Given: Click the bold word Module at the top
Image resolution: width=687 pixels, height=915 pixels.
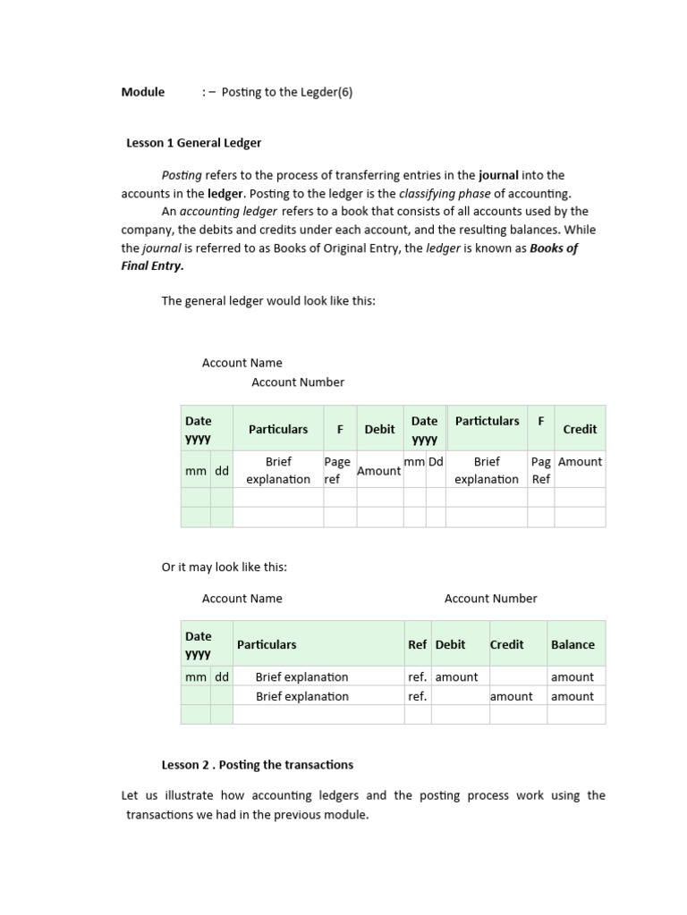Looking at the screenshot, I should pos(143,92).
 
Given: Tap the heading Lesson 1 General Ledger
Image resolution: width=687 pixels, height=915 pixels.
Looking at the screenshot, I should pos(193,143).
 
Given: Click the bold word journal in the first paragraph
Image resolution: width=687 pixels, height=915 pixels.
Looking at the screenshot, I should pos(498,175).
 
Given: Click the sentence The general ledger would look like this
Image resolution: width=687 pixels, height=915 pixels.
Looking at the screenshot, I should pos(268,301).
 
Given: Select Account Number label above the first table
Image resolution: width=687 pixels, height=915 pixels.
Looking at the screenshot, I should pos(298,382).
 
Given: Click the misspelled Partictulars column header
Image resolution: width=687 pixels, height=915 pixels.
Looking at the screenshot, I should pos(487,421).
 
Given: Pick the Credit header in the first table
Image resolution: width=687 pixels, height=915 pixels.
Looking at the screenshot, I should pos(580,429).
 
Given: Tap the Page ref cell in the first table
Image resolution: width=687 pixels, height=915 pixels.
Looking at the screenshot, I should pos(338,470).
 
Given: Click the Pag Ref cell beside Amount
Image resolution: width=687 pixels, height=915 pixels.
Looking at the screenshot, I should pos(540,470).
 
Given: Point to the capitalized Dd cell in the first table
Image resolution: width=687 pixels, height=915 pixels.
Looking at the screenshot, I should pos(436,462).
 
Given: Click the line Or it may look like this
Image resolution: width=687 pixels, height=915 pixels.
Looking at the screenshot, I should pos(225,567).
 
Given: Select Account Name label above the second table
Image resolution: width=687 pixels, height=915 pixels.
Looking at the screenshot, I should pos(242,599).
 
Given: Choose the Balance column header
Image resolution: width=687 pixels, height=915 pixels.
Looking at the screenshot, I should pos(572,644).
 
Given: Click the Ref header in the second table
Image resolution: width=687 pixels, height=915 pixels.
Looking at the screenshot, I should pos(417,644).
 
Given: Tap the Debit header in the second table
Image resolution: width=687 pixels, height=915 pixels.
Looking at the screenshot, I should pos(450,644).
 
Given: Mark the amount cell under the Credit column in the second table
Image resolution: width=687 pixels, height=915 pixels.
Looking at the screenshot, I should pos(512,696).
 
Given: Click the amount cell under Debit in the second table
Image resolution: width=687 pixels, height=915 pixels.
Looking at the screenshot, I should pos(456,677).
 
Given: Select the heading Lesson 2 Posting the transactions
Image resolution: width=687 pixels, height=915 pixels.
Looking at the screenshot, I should pos(258,765).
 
